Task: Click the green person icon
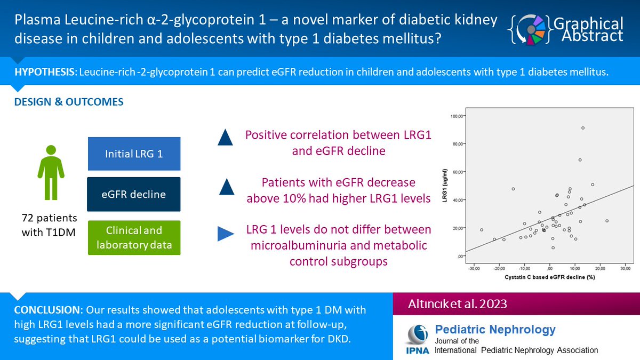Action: click(x=51, y=172)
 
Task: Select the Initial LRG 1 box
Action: click(x=134, y=154)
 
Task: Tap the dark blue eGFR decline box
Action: click(x=134, y=194)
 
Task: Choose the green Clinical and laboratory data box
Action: click(x=134, y=237)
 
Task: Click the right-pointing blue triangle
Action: click(x=226, y=234)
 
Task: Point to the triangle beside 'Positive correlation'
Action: click(x=225, y=138)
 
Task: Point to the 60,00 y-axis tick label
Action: click(x=458, y=172)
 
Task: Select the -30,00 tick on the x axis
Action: click(x=474, y=269)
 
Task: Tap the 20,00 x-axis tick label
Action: click(x=600, y=269)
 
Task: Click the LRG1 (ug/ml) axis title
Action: click(x=445, y=186)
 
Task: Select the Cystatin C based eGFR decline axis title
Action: click(x=550, y=277)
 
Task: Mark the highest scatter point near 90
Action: click(x=583, y=128)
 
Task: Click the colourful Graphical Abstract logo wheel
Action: click(x=531, y=30)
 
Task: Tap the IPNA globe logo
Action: click(x=418, y=334)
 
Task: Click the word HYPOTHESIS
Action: click(x=44, y=72)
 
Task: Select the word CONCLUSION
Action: click(x=47, y=310)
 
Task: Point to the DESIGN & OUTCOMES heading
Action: click(x=69, y=102)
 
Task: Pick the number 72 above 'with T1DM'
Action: click(x=28, y=218)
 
